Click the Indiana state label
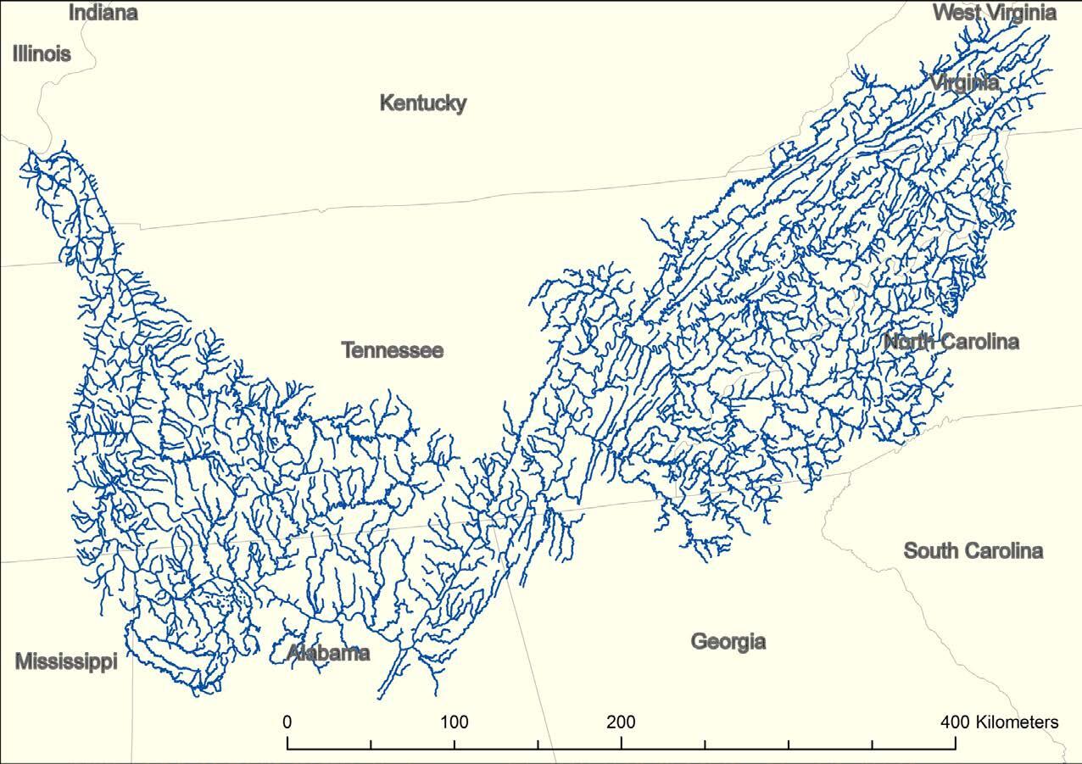103,13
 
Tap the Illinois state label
42,54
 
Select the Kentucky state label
422,103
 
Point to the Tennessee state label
392,350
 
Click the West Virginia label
994,13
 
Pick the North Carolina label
951,342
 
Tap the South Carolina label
973,551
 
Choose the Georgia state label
728,641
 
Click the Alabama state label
328,653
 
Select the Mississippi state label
65,662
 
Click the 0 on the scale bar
287,722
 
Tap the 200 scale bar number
621,722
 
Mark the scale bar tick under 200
622,743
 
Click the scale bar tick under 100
455,743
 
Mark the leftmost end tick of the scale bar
288,743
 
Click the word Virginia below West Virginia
964,83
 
